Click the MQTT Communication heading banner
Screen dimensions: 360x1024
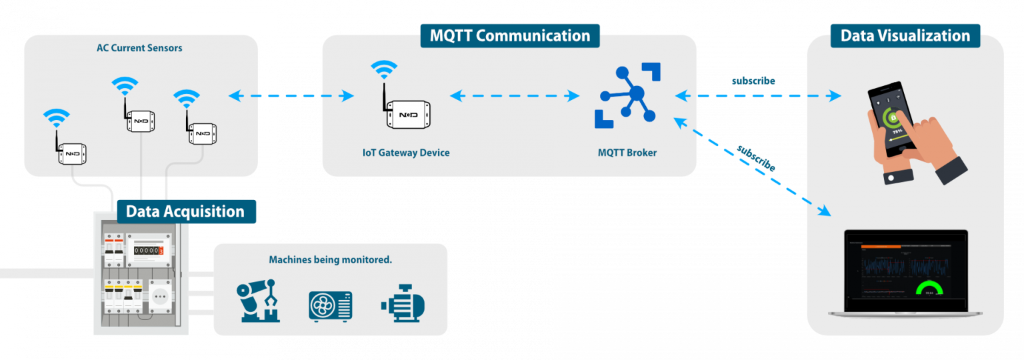point(509,35)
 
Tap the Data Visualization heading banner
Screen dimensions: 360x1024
point(905,35)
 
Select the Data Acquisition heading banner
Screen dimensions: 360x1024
point(185,212)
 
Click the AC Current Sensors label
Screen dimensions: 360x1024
point(139,48)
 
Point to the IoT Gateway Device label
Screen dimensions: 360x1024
point(405,153)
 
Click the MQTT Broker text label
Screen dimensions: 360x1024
point(627,153)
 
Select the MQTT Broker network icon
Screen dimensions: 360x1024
point(627,95)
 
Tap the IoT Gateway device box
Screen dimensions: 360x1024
point(407,115)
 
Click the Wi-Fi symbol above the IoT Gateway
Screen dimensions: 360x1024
point(384,69)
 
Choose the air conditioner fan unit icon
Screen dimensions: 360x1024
point(331,305)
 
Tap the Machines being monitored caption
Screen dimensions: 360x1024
point(330,259)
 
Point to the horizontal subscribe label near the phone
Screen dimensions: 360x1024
point(753,81)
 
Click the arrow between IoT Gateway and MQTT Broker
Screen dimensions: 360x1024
point(515,96)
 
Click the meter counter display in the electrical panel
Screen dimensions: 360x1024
point(147,251)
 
